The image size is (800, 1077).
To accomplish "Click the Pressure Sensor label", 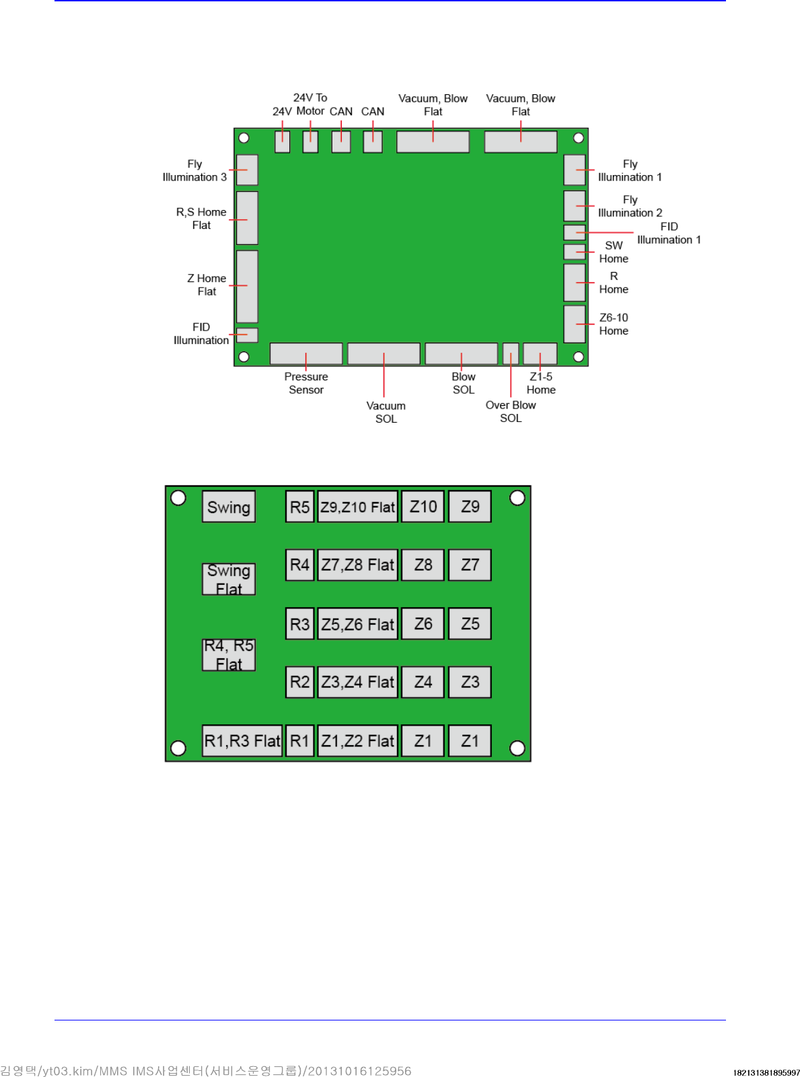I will (306, 383).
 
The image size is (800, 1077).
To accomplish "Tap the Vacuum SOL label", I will (386, 412).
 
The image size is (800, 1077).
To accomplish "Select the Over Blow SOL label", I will (511, 411).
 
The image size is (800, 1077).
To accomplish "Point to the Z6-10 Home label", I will (614, 324).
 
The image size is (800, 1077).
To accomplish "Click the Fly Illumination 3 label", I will (194, 170).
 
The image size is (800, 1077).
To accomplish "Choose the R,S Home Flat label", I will (201, 218).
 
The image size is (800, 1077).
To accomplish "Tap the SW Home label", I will (614, 252).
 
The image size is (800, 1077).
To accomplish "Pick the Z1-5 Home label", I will (541, 383).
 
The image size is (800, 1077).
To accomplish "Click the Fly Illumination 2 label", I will (630, 206).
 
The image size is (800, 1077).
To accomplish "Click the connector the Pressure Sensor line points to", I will (306, 353).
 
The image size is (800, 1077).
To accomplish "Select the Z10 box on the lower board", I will (423, 507).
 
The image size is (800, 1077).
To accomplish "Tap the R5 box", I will (299, 507).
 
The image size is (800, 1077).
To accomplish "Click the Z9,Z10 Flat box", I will (357, 507).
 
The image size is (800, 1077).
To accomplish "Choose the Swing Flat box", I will (229, 579).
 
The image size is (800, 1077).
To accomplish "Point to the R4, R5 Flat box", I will (229, 654).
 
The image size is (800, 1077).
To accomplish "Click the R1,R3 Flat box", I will (242, 740).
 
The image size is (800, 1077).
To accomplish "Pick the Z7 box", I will (470, 565).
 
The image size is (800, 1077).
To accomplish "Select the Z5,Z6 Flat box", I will (357, 624).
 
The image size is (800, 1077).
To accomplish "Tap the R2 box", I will (299, 682).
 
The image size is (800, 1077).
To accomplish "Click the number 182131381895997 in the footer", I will (766, 1072).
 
